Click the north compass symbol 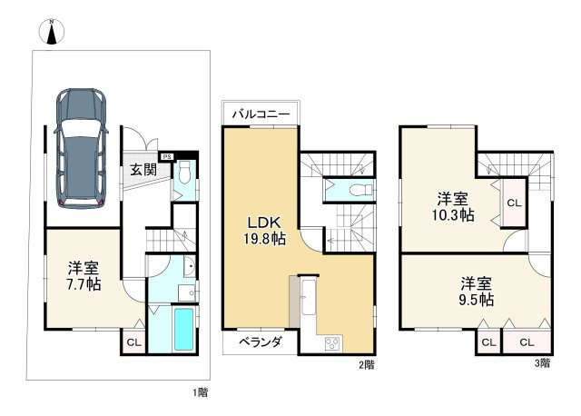52,32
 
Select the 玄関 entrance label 142,169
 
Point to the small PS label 165,155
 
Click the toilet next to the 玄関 184,173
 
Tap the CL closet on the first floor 133,342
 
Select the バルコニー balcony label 260,114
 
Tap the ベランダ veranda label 261,342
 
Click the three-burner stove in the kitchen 332,343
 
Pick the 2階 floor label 366,364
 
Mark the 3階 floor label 542,364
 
